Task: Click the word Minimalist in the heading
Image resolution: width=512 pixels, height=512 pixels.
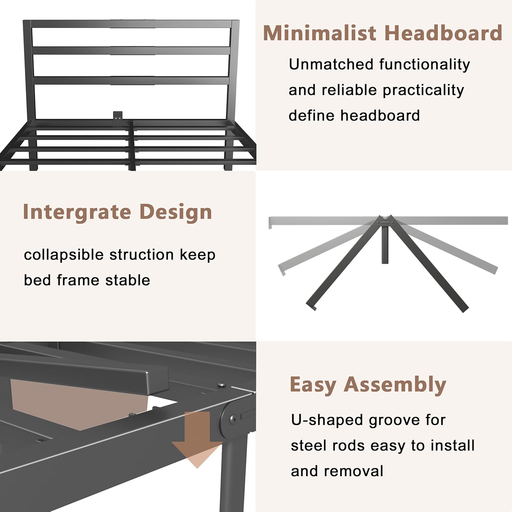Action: click(319, 33)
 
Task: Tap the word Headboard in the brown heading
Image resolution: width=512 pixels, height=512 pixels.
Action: click(443, 33)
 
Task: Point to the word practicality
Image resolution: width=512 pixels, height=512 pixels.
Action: click(423, 90)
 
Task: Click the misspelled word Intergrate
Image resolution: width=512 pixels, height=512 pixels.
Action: click(77, 212)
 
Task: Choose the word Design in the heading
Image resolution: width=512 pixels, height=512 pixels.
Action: click(176, 212)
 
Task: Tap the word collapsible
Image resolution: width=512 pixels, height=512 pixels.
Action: click(64, 255)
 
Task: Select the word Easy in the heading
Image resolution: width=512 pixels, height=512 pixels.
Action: click(313, 385)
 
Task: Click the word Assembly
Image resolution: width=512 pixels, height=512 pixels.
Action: click(395, 385)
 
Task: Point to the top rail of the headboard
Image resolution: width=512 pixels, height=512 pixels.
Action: click(131, 24)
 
